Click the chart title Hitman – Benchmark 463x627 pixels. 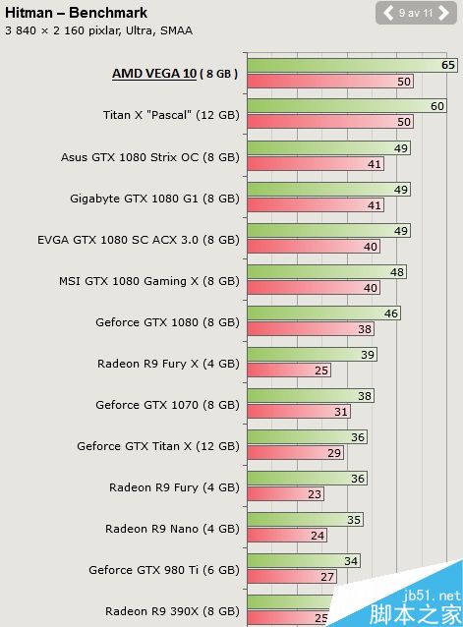click(x=76, y=13)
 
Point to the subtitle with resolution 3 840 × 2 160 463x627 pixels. click(x=98, y=30)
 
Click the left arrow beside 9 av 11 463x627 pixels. click(x=388, y=13)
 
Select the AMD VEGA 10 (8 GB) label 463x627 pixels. click(x=175, y=74)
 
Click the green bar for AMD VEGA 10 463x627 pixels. click(x=344, y=65)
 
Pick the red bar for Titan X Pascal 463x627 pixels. click(x=324, y=123)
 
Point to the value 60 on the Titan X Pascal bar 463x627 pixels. click(x=437, y=106)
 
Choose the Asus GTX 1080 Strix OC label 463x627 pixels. click(x=149, y=156)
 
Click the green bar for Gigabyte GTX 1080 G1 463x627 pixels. click(x=324, y=189)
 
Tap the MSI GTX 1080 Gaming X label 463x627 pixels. click(x=148, y=280)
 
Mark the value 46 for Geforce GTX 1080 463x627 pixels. click(x=391, y=313)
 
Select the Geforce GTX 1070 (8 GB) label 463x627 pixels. click(x=167, y=404)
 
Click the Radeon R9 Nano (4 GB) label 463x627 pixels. click(x=172, y=528)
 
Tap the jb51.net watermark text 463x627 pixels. click(x=436, y=596)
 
